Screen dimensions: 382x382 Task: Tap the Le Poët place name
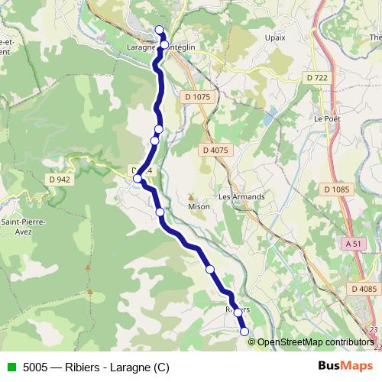click(327, 119)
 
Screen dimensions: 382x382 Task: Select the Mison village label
click(199, 206)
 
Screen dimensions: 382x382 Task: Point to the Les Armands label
click(241, 196)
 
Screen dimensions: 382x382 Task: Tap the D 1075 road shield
click(196, 97)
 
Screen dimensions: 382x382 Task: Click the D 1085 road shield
click(335, 189)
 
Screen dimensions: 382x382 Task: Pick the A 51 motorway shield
click(352, 244)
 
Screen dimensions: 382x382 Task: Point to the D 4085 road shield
click(365, 288)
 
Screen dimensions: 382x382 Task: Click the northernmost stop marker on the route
click(160, 30)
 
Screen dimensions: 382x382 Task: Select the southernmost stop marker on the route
click(244, 331)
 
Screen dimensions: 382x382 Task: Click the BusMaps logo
click(345, 366)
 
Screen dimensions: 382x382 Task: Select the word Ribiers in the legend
click(85, 367)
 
